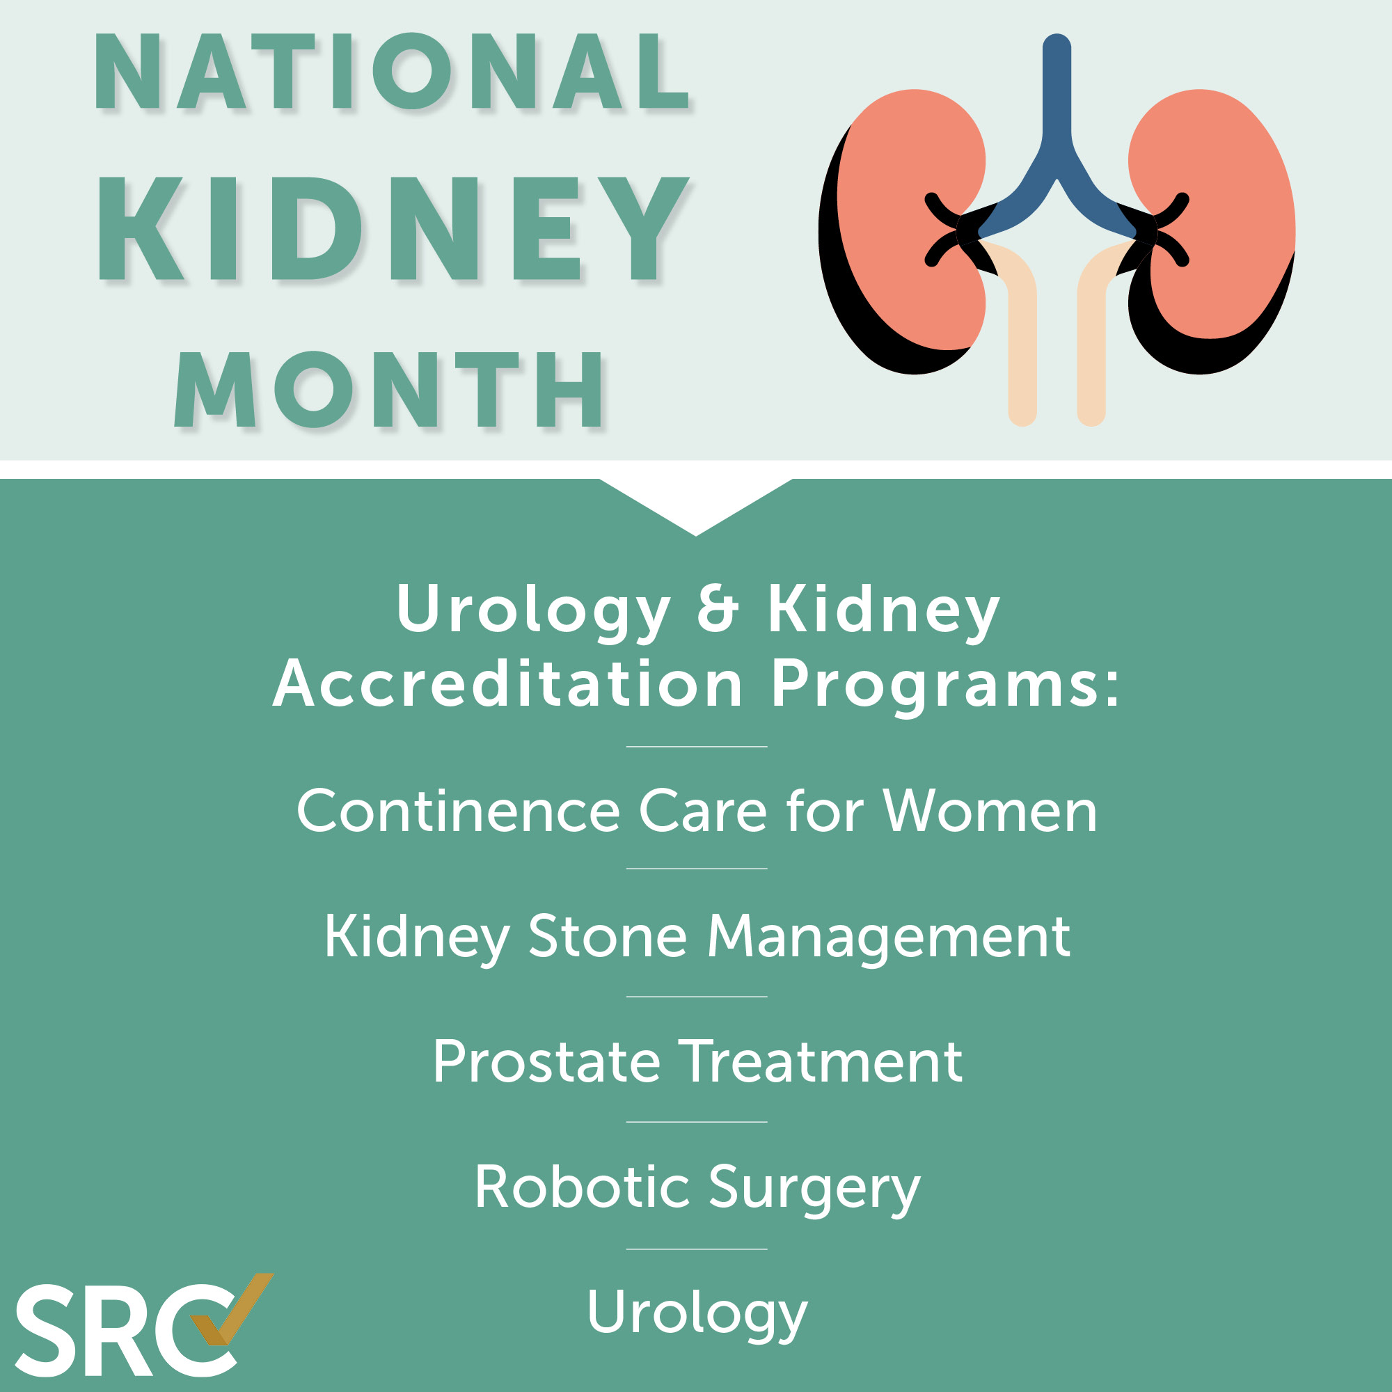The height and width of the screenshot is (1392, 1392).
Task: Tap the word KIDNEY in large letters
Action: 393,228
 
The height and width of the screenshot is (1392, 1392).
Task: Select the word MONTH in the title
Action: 389,389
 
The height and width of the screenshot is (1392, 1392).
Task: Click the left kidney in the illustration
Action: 901,230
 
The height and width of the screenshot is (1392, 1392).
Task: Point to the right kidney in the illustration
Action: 1217,230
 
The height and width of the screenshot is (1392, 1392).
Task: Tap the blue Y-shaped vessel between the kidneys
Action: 1057,144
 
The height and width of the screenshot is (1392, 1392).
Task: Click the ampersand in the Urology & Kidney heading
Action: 718,610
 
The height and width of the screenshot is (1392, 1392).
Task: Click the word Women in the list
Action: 990,811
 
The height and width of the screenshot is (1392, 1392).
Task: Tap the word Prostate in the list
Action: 547,1062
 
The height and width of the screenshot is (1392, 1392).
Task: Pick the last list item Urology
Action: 697,1315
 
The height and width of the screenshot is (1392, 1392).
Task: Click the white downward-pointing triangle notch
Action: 696,500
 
